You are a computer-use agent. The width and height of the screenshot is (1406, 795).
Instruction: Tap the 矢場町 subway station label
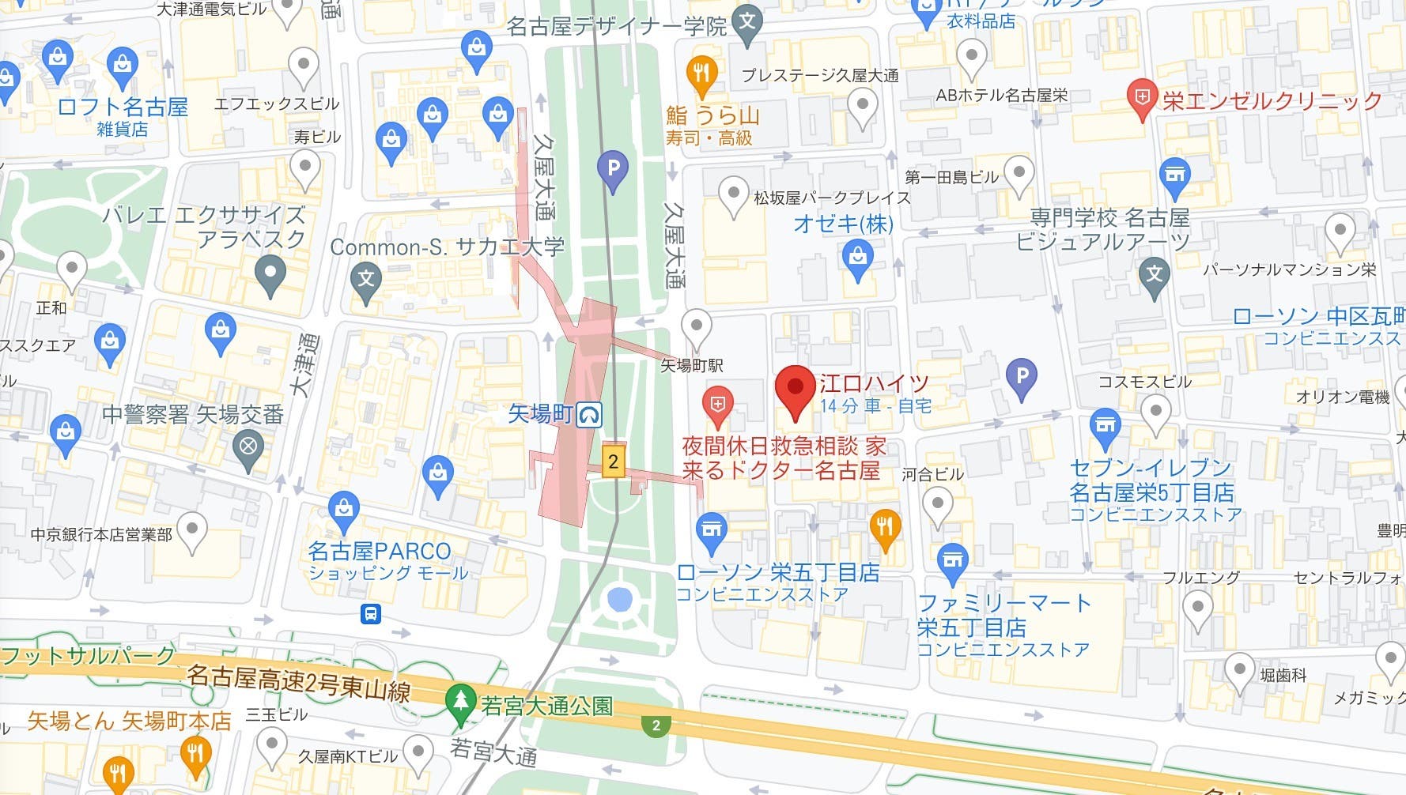(541, 413)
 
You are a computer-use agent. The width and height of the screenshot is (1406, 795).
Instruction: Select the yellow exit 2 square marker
(613, 462)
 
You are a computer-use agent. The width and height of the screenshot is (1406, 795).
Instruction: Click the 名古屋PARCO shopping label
(379, 551)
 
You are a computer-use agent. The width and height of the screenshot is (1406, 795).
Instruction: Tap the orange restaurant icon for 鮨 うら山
(701, 74)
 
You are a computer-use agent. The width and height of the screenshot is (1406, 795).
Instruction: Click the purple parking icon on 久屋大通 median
(612, 168)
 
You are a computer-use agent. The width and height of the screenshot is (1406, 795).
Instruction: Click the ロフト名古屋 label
(123, 107)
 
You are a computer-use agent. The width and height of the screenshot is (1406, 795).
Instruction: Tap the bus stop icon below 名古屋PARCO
(371, 614)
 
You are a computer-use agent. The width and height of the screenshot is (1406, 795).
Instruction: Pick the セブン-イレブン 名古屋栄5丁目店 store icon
(1105, 426)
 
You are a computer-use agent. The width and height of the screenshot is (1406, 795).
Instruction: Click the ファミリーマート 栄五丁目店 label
(1003, 615)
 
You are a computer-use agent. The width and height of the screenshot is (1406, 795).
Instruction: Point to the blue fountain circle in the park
(619, 600)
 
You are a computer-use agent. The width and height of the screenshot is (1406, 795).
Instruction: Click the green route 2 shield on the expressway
(656, 725)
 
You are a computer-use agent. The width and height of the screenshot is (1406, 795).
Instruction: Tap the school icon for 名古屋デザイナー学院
(747, 21)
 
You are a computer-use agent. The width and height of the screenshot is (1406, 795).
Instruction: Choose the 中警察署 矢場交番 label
(193, 414)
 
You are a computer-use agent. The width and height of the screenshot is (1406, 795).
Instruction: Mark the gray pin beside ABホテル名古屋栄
(971, 58)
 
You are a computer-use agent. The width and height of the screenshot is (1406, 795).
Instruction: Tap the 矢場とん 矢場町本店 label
(129, 721)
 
